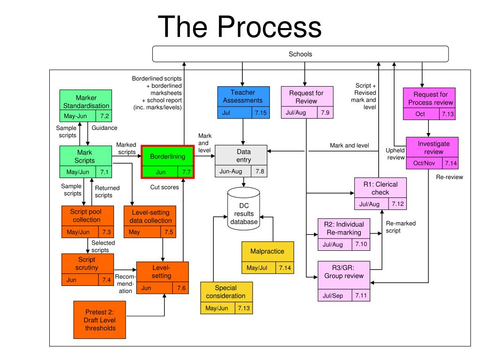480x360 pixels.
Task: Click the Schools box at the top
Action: point(300,54)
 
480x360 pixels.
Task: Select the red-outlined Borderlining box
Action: point(168,162)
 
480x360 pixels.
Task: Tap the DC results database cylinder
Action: point(244,209)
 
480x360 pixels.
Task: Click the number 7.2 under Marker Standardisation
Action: point(105,116)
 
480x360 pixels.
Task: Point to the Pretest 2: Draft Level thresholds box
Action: point(100,320)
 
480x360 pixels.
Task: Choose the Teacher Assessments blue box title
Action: point(243,97)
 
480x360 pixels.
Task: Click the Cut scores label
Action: point(165,187)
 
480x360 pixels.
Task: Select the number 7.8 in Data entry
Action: point(260,171)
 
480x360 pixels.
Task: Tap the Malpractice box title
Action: point(267,251)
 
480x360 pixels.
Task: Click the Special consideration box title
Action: point(225,292)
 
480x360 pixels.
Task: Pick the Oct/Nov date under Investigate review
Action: point(424,163)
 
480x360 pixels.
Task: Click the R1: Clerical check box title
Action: point(381,188)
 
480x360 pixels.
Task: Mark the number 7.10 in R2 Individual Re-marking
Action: point(361,244)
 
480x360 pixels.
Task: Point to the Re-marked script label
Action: point(401,227)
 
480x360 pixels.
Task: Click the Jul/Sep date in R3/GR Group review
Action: point(333,296)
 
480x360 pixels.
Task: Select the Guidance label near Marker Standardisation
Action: point(105,127)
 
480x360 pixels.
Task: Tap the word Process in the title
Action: point(270,27)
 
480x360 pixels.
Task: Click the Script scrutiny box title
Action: point(87,263)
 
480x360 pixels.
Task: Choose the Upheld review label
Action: point(395,154)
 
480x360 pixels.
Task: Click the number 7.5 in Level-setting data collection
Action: point(169,232)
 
